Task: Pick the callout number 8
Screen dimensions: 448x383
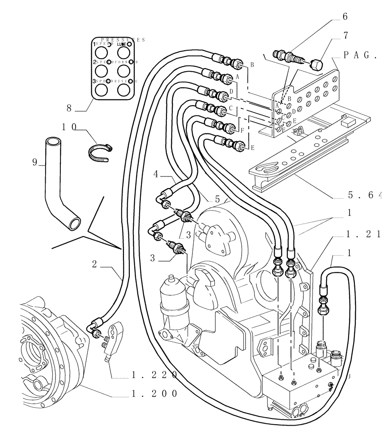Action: click(69, 108)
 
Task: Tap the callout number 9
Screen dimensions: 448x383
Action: click(34, 163)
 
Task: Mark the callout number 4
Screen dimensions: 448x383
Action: click(156, 173)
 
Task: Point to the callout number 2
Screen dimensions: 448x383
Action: click(94, 264)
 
